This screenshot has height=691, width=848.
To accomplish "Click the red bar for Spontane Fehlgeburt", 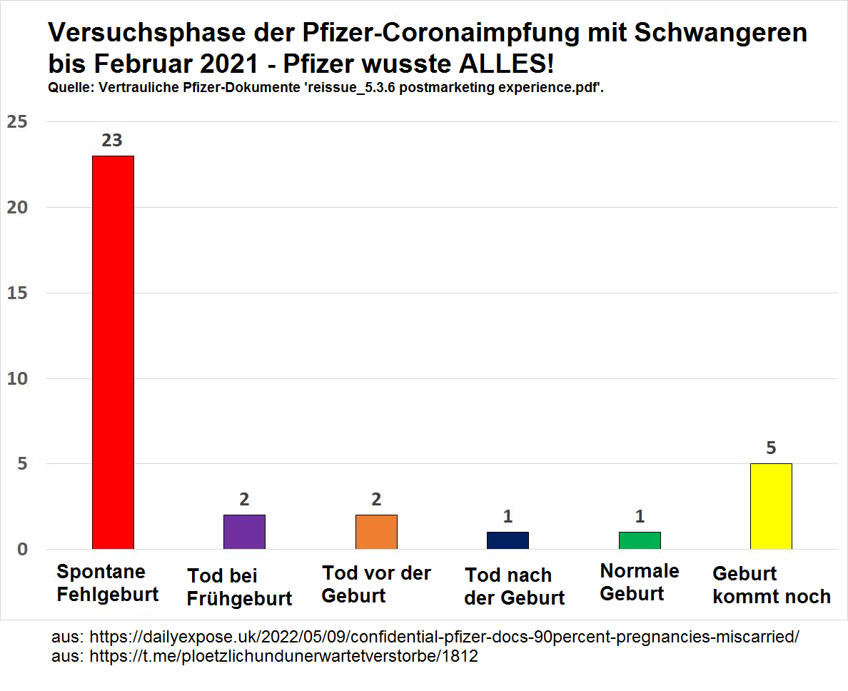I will coord(113,352).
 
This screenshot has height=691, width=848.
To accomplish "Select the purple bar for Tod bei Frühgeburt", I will coord(244,532).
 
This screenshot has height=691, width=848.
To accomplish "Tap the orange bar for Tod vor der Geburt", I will coord(376,532).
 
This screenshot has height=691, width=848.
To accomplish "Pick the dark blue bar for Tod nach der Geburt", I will coord(508,540).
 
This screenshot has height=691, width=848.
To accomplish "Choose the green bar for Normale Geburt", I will coord(640,540).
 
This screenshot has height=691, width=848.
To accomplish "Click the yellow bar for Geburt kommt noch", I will coord(771,506).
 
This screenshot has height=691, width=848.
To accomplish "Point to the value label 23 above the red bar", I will coord(112,141).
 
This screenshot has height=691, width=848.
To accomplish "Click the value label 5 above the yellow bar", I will coord(771,448).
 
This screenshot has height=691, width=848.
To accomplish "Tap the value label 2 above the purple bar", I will coord(244,500).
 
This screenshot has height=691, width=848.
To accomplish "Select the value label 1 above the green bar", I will coord(640,516).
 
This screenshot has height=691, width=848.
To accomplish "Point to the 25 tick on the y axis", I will coord(18,122).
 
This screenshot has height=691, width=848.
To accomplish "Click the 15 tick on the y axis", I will coord(18,293).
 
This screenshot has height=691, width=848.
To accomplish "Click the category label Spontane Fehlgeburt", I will coord(107,583).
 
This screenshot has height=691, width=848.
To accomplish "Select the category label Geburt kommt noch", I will coord(771,585).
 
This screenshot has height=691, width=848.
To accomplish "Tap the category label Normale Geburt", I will coord(640,582).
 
